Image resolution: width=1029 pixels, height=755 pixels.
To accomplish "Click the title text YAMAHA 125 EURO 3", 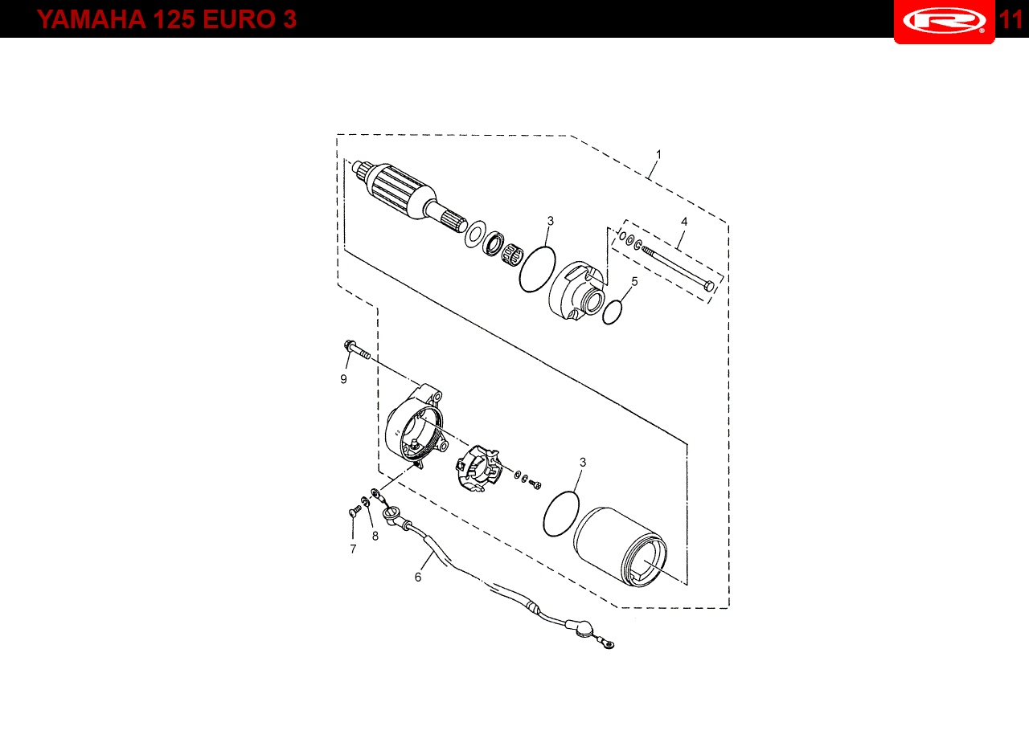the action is tap(166, 19).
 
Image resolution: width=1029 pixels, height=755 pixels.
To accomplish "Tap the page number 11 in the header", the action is tap(1011, 19).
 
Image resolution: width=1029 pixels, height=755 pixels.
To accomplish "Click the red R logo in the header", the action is tap(944, 21).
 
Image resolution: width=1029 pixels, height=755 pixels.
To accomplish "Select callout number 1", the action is tap(658, 155).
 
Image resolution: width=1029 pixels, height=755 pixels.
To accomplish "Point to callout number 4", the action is tap(684, 222).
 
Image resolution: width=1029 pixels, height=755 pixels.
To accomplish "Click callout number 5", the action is tap(634, 282).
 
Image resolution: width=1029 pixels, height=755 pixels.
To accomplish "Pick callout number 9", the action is tap(343, 379).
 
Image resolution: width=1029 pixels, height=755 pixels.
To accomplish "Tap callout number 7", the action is tap(353, 549).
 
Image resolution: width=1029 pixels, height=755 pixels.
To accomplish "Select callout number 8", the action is tap(375, 536).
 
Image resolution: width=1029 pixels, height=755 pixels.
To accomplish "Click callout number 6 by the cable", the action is tap(418, 577).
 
